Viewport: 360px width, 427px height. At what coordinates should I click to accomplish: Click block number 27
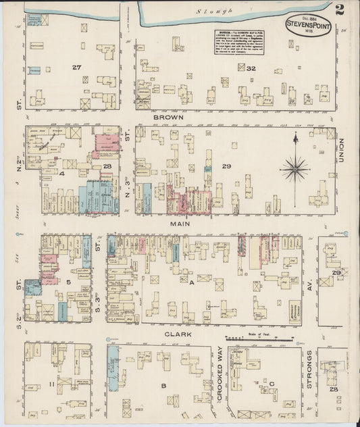click(x=76, y=68)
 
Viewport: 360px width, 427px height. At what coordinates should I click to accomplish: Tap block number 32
click(x=251, y=68)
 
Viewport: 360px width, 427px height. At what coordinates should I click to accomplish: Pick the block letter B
click(x=163, y=385)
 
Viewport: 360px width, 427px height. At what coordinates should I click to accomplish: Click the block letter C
click(x=272, y=384)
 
